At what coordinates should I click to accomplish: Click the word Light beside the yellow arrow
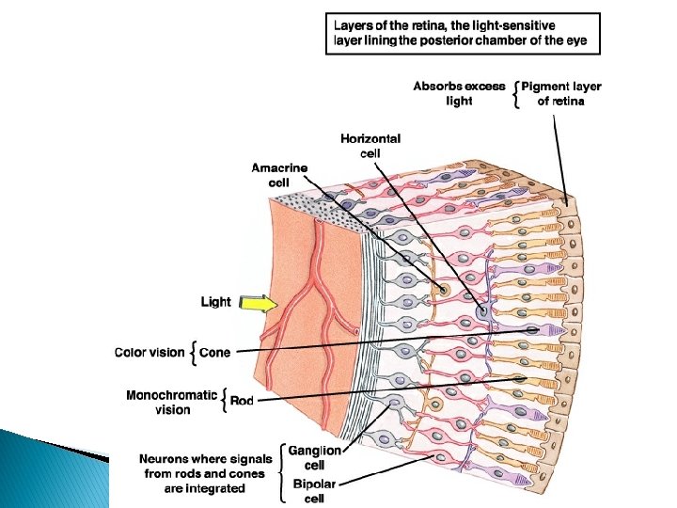coord(215,302)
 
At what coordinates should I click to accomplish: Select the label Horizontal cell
coord(370,145)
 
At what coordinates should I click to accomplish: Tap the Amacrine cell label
coord(278,175)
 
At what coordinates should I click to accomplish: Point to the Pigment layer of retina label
coord(560,93)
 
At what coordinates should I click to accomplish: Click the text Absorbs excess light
coord(459,93)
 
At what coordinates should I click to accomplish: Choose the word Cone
coord(215,353)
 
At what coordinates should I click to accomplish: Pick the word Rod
coord(242,402)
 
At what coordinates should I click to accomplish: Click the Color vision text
coord(150,353)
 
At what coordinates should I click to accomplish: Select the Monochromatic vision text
coord(171,403)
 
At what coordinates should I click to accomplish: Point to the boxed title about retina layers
coord(462,34)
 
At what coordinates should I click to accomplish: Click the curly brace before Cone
coord(194,353)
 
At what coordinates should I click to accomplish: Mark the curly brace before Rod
coord(224,402)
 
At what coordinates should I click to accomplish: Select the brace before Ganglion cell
coord(281,466)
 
